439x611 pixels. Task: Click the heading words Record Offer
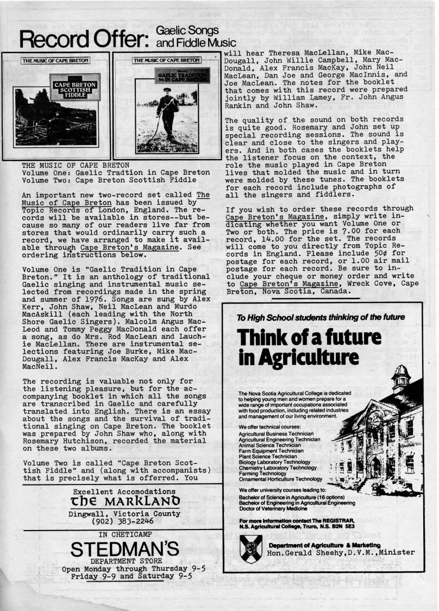(x=84, y=39)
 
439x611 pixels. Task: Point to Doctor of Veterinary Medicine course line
(x=277, y=509)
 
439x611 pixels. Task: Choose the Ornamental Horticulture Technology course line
(x=280, y=479)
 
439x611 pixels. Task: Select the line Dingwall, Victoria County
(x=124, y=513)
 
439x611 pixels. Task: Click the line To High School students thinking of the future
(x=321, y=317)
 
